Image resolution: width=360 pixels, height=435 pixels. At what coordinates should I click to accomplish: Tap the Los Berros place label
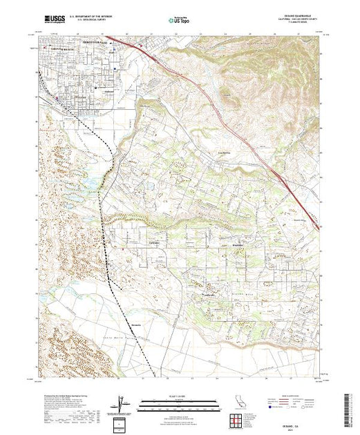[222, 153]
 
